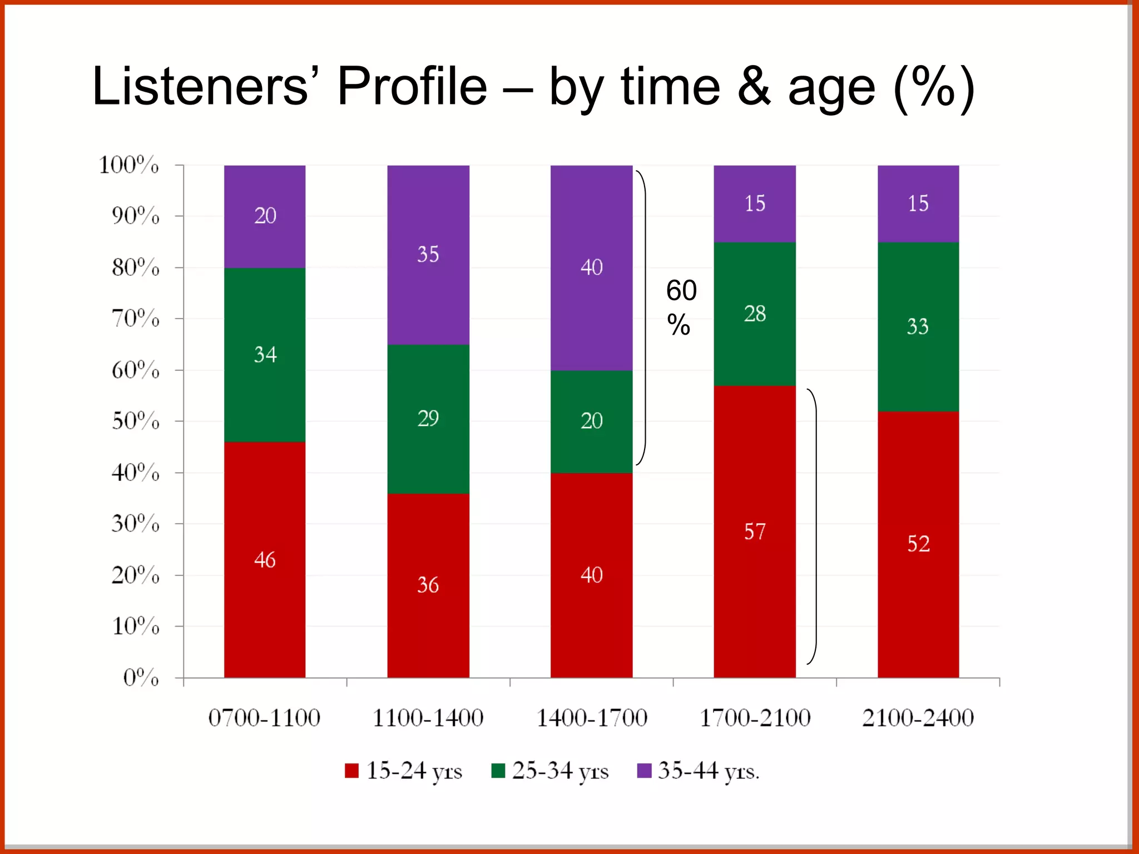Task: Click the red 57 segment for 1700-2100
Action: coord(755,531)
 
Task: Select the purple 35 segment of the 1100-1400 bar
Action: coord(428,255)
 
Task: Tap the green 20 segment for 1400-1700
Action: coord(591,421)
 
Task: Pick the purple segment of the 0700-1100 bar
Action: coord(265,216)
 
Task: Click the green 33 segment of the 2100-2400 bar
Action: coord(918,326)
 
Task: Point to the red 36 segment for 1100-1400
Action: coord(428,585)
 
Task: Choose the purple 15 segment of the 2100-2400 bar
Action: coord(918,203)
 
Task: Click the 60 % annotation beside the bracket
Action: coord(681,307)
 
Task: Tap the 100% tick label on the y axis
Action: coord(129,165)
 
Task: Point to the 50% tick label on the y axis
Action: coord(136,421)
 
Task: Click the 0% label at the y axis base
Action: coord(141,678)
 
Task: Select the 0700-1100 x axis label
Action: coord(264,718)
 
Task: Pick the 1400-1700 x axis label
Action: coord(591,718)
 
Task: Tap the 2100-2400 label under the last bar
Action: coord(918,718)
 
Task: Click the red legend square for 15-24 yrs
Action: coord(351,771)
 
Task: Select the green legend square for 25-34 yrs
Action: coord(498,771)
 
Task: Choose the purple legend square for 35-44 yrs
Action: coord(644,771)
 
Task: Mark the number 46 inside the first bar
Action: coord(265,559)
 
